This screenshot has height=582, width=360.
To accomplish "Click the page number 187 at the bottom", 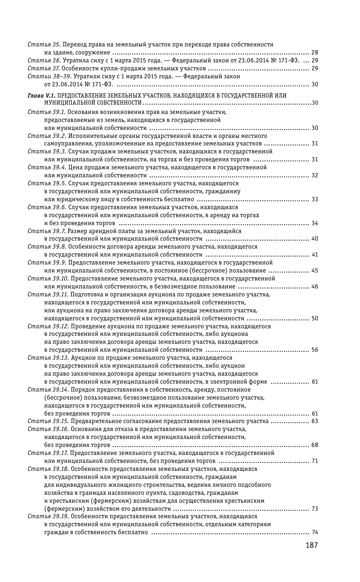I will click(x=312, y=545).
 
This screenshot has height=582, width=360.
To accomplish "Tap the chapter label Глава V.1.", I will click(x=42, y=95).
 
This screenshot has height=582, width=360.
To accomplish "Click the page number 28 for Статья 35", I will click(x=315, y=52).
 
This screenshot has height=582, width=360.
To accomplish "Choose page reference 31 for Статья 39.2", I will click(x=315, y=144).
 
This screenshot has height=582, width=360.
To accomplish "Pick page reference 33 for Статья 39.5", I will click(x=315, y=199).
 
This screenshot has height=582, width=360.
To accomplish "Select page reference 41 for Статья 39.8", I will click(x=315, y=255).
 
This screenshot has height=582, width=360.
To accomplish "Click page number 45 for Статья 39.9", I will click(x=315, y=271).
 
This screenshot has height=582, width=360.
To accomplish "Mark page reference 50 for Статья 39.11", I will click(x=315, y=318).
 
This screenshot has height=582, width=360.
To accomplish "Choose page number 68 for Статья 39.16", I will click(x=315, y=445).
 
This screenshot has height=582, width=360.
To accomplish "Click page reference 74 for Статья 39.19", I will click(x=315, y=532).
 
